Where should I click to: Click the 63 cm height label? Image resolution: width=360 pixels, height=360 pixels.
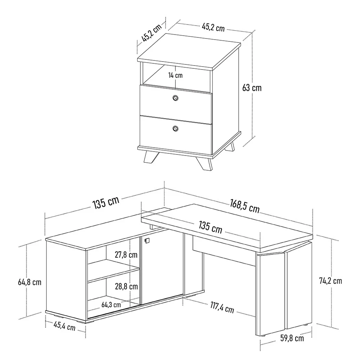click(252, 88)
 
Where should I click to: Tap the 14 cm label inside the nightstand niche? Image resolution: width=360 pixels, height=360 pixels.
click(175, 75)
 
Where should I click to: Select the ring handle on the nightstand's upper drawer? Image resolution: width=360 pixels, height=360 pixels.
click(175, 98)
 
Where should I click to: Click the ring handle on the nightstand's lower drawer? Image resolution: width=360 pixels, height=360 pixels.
click(175, 129)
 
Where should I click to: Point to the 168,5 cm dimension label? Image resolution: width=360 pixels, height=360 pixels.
click(245, 206)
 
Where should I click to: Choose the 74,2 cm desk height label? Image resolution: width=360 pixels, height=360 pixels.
click(330, 280)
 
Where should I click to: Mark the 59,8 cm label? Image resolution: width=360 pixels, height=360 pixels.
click(292, 338)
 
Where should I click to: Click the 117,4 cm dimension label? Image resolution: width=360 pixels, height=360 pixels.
click(222, 308)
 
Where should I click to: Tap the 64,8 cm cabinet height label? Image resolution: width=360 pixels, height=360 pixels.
click(30, 282)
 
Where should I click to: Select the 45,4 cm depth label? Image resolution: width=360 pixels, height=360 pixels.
click(64, 326)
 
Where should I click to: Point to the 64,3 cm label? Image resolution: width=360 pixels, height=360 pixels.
click(111, 305)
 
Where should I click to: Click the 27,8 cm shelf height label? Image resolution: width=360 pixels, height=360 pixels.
click(126, 255)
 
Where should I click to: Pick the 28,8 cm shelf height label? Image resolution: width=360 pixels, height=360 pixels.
click(126, 286)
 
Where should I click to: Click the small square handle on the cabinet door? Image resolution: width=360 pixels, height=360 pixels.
click(147, 240)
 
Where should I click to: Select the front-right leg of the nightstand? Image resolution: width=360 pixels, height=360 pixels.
click(204, 163)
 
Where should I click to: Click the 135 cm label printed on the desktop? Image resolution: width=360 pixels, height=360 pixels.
click(211, 227)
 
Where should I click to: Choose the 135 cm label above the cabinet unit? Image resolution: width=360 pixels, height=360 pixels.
click(106, 202)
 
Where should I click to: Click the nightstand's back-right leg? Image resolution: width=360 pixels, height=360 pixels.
click(230, 147)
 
